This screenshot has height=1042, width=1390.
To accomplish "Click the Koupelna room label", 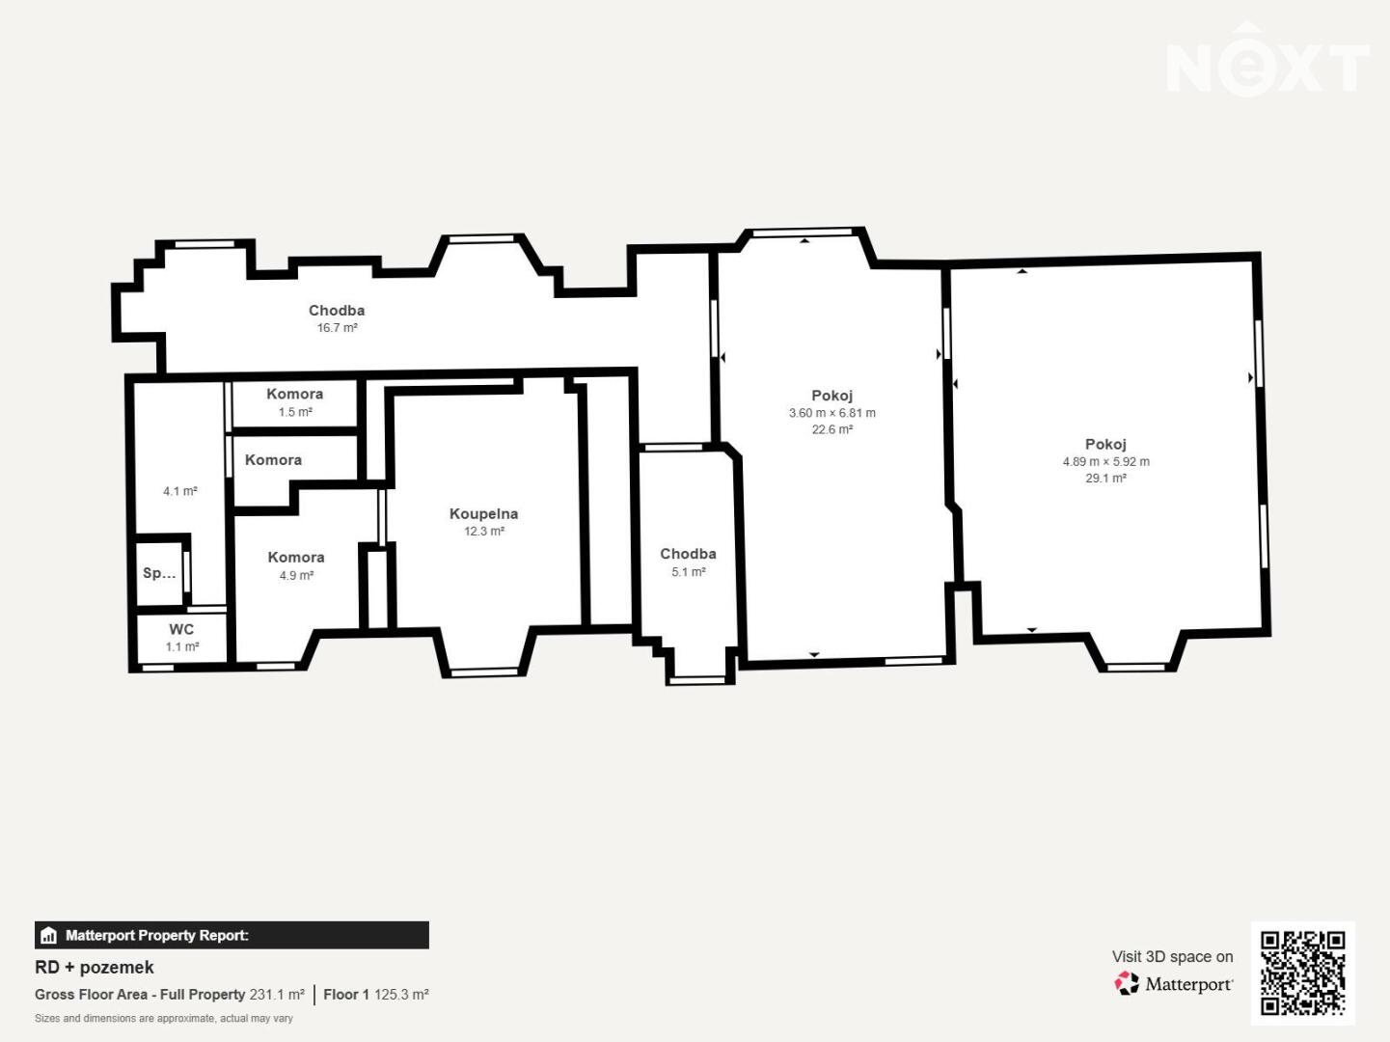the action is [484, 513].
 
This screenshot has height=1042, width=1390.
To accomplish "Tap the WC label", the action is [181, 629].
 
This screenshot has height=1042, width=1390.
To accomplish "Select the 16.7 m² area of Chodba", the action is [338, 327].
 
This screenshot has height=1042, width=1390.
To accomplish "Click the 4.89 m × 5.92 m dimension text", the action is [1105, 462].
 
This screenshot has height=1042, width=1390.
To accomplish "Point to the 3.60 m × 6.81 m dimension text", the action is [832, 413].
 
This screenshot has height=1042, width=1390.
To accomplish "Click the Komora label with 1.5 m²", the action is [295, 394].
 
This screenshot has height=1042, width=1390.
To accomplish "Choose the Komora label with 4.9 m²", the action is [296, 558].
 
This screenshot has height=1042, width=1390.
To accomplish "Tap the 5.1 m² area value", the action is [689, 572].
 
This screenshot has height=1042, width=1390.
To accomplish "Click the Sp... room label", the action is [159, 573].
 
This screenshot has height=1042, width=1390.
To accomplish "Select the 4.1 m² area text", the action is [180, 491].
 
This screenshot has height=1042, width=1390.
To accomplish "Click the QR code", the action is [1302, 973].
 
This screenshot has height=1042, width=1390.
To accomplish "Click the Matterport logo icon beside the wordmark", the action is [1127, 984].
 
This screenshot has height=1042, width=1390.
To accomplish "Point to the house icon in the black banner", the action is [48, 935].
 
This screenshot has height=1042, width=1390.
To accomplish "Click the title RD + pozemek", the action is [95, 968].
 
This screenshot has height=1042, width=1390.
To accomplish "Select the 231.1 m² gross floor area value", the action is [277, 995].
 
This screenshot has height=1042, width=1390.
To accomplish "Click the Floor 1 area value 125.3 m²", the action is [401, 995].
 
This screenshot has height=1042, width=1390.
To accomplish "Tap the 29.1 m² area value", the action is [1105, 479].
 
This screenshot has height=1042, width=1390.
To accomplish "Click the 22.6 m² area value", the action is [832, 429].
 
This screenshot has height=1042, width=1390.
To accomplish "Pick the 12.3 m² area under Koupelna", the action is [484, 531].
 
